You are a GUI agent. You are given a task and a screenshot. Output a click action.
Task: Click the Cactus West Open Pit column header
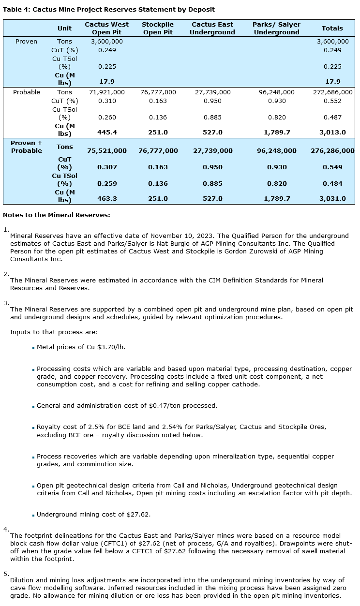[x=106, y=28]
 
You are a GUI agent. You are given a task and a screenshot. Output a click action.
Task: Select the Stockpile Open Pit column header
[x=158, y=28]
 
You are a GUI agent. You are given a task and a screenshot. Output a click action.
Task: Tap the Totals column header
[x=332, y=28]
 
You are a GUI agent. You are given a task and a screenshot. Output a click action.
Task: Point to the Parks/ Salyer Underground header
[x=276, y=28]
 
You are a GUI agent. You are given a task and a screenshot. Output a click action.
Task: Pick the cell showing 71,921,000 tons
[x=107, y=92]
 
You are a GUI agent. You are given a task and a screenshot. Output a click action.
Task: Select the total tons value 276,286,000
[x=332, y=151]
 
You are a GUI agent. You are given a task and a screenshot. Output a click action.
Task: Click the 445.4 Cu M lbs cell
[x=107, y=132]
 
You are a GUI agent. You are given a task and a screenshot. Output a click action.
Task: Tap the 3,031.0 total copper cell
[x=332, y=198]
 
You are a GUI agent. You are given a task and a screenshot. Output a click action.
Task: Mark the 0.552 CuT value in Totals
[x=332, y=101]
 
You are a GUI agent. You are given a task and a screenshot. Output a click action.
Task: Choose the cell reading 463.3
[x=107, y=198]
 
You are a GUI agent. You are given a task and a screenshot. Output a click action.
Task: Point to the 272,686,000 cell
[x=332, y=92]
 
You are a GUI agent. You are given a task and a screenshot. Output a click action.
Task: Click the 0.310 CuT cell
[x=107, y=101]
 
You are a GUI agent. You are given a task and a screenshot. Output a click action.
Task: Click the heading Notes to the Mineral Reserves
[x=57, y=215]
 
